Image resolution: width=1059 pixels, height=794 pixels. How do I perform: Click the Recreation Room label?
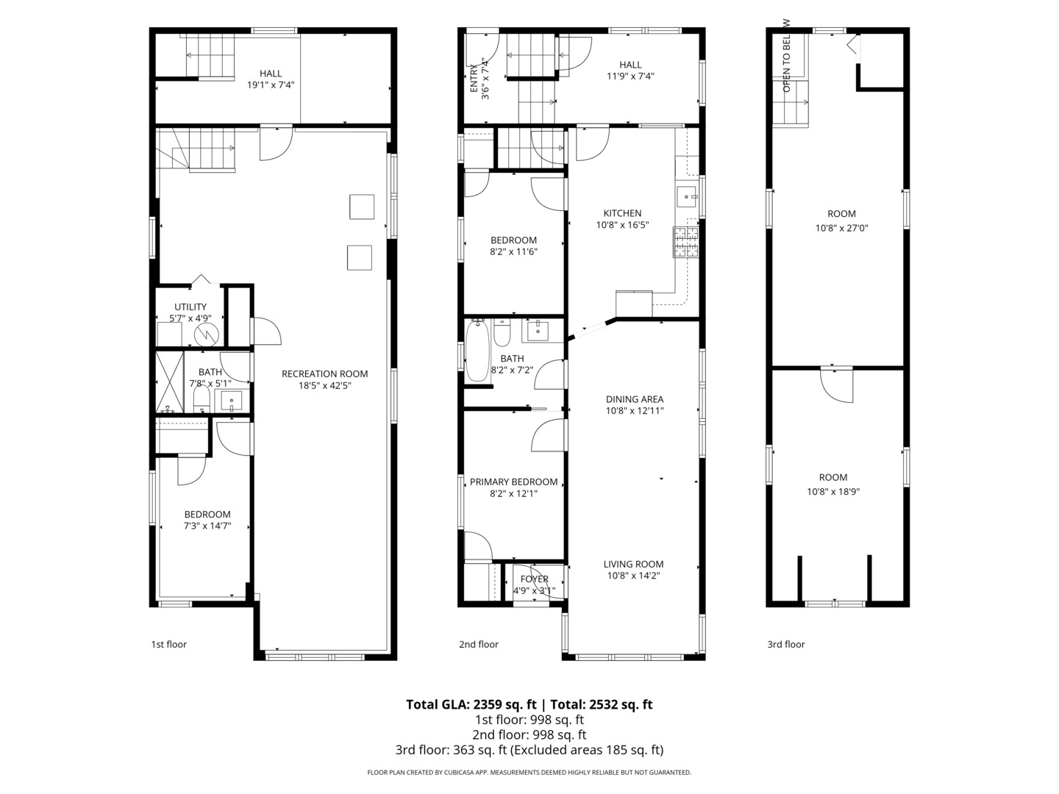pos(324,373)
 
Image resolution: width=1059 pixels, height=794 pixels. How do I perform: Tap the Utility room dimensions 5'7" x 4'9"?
pos(190,318)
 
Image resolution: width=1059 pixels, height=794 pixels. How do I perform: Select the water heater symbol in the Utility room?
pos(207,335)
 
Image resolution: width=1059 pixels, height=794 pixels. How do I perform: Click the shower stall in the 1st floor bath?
pos(169,382)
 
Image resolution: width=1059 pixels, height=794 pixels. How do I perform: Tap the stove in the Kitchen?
pos(686,243)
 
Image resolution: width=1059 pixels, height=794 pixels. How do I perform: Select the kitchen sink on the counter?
pos(687,196)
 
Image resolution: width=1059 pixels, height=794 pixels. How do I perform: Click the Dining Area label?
pos(634,399)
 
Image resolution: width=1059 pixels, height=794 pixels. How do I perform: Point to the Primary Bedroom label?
pos(513,482)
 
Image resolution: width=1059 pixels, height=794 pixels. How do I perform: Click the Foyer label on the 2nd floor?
pos(534,579)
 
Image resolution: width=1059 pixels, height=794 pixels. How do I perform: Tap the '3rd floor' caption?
pos(785,644)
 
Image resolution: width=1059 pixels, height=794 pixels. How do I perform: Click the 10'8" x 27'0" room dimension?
pos(841,228)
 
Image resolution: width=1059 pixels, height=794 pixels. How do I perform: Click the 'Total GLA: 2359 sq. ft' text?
pos(471,704)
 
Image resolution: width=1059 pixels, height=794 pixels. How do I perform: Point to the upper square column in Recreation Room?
pos(362,207)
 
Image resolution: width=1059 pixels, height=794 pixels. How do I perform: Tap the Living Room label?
pos(633,564)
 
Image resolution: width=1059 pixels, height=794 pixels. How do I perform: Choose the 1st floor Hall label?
pos(271,74)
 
